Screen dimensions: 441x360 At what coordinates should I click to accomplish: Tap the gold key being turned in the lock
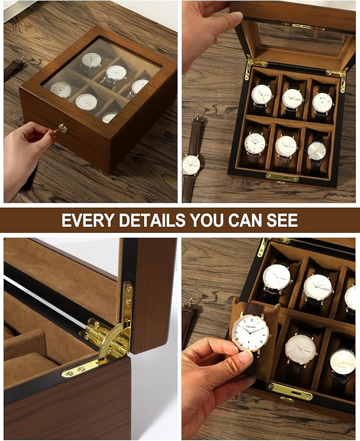(x=60, y=129)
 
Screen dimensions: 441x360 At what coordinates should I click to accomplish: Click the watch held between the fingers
(x=250, y=332)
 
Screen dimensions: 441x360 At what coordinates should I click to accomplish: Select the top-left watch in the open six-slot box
(x=261, y=95)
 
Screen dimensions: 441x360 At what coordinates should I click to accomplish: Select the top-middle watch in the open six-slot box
(x=292, y=98)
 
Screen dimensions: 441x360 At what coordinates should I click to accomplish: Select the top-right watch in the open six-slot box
(x=322, y=102)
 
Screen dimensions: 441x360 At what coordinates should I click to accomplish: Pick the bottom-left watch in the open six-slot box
(x=255, y=143)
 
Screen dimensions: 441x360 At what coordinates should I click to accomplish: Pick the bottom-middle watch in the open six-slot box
(x=286, y=146)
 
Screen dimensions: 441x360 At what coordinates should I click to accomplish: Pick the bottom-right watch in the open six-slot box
(x=317, y=151)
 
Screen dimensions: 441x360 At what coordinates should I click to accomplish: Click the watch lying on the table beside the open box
(x=191, y=165)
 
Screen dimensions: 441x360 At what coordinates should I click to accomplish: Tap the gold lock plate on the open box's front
(x=282, y=178)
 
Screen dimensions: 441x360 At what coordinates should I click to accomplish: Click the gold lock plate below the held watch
(x=289, y=392)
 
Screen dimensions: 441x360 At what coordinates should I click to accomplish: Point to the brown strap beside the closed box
(x=13, y=68)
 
